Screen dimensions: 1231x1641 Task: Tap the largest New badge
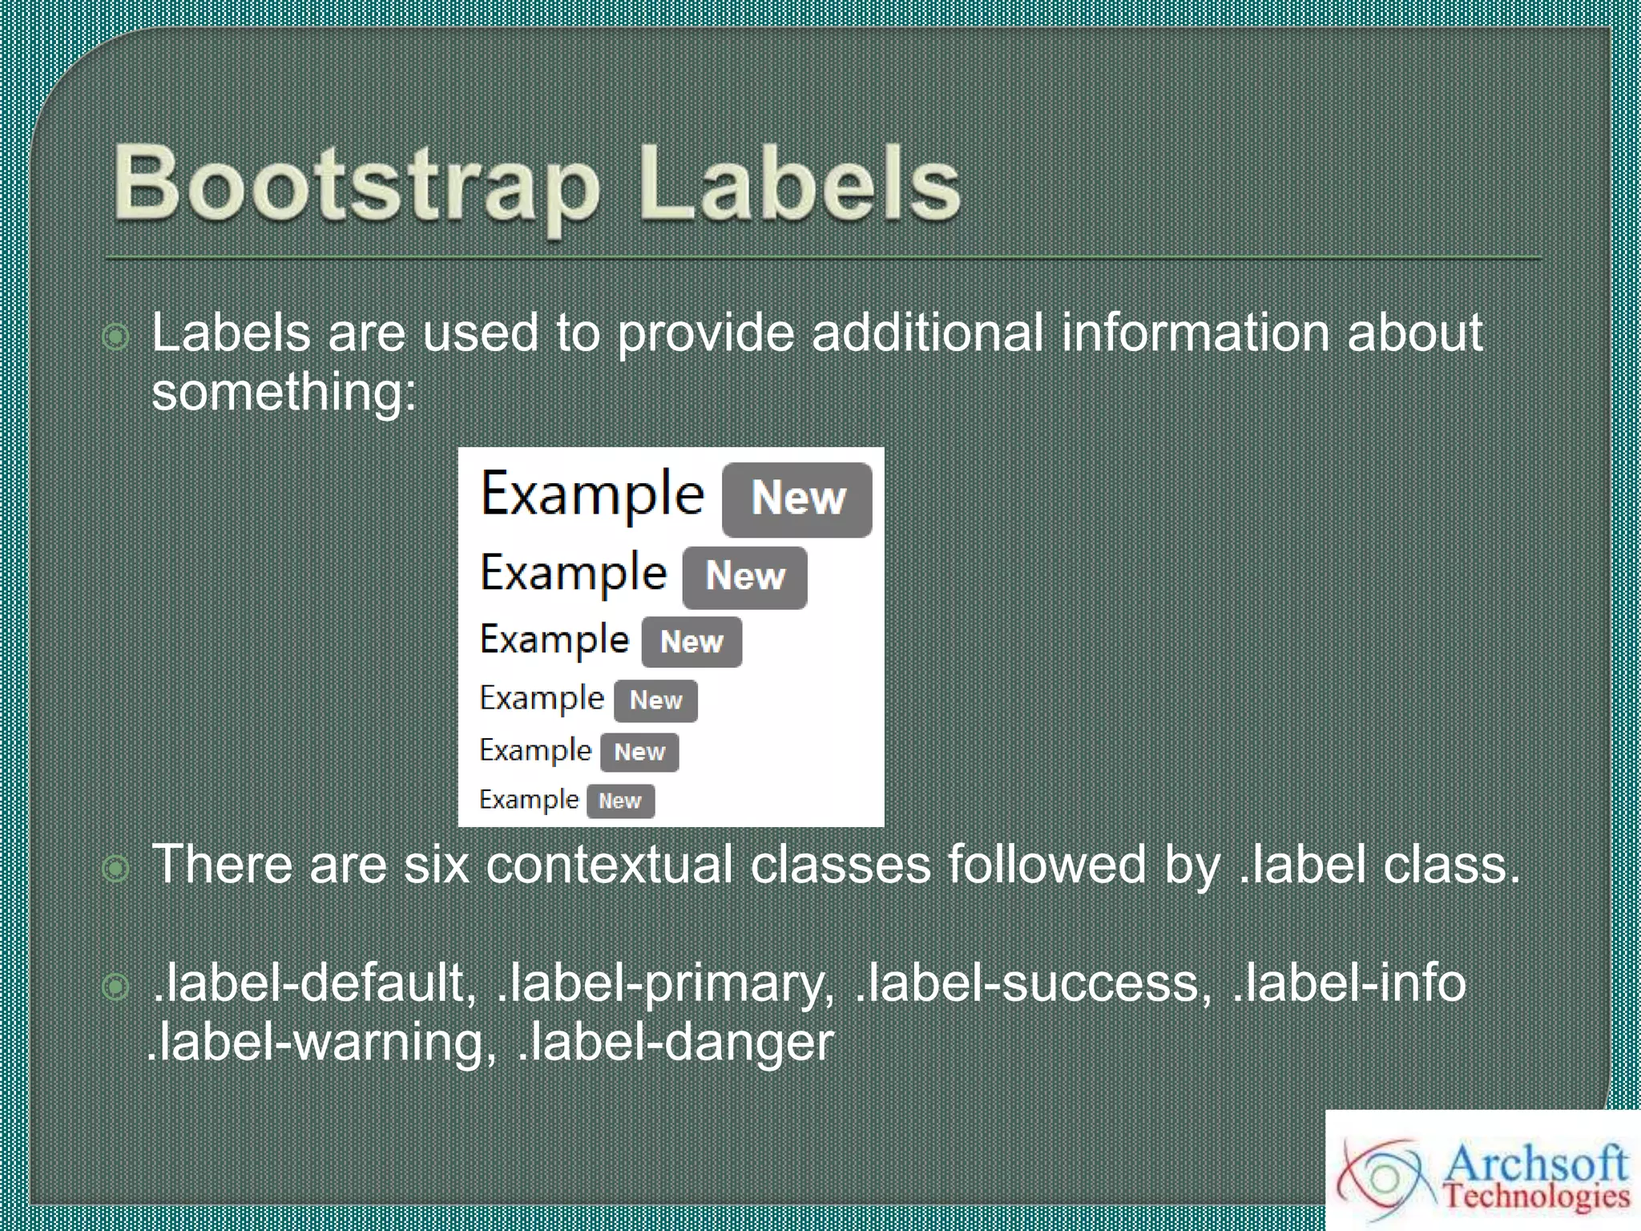pos(797,498)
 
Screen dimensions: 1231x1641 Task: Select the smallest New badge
pos(620,801)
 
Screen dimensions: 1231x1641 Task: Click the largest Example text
pos(591,495)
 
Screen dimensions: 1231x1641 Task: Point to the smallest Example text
pos(529,799)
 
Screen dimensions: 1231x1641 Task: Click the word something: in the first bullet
pos(284,393)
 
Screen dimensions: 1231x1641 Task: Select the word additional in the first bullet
pos(927,333)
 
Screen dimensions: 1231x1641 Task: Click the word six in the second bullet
pos(436,865)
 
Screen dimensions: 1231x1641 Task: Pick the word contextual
pos(609,865)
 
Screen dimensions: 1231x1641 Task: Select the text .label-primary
pos(666,983)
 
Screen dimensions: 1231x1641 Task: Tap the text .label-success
pos(1034,983)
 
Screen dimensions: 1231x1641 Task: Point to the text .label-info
pos(1349,983)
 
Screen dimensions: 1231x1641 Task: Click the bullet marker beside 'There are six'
pos(116,868)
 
